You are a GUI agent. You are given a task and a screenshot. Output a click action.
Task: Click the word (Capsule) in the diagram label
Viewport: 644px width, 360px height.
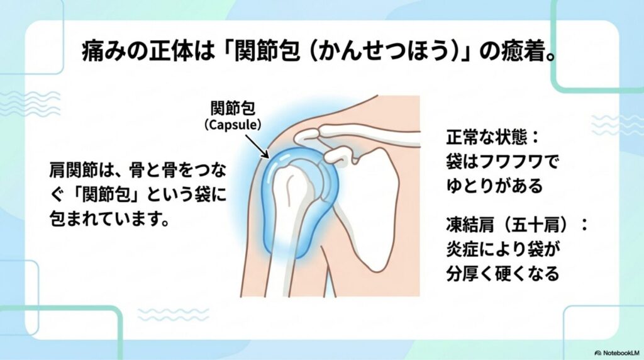[233, 125]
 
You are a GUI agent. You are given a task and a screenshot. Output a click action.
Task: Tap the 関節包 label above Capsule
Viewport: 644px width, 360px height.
[233, 108]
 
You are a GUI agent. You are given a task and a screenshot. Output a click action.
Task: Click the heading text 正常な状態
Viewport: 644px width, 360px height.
[487, 137]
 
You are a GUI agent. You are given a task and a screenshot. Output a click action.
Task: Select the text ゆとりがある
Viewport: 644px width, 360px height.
[494, 186]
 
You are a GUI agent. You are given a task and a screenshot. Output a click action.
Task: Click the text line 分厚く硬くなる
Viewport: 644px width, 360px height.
[502, 273]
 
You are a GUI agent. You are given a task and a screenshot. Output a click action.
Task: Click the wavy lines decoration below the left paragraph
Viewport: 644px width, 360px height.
[173, 315]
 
